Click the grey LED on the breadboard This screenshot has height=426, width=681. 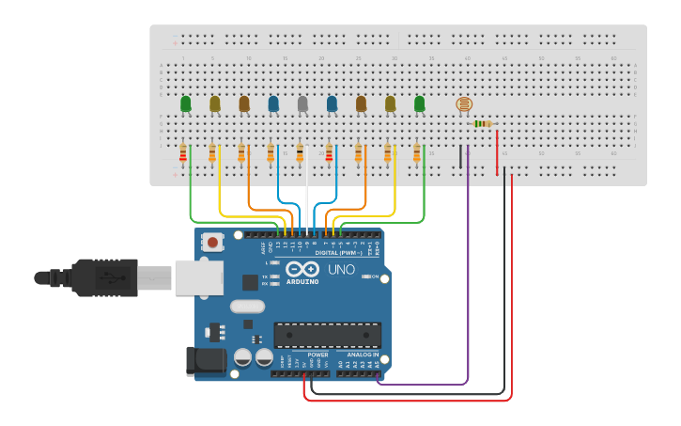click(x=302, y=103)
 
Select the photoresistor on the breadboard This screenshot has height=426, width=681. click(x=463, y=104)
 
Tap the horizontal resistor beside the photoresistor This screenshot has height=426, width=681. click(x=483, y=123)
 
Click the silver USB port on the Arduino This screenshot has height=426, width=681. click(x=198, y=277)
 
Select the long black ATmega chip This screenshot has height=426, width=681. click(x=327, y=335)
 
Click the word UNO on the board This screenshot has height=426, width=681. click(x=341, y=270)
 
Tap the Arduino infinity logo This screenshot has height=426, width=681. click(x=304, y=270)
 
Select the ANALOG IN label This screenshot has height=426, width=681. click(x=363, y=355)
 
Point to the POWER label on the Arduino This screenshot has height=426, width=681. click(x=317, y=355)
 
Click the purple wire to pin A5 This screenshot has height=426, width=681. click(x=467, y=282)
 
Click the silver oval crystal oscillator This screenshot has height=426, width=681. click(x=247, y=306)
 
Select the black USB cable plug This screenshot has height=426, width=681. click(x=103, y=278)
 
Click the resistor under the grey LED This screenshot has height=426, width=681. click(x=300, y=152)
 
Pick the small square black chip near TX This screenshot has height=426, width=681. click(x=250, y=281)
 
